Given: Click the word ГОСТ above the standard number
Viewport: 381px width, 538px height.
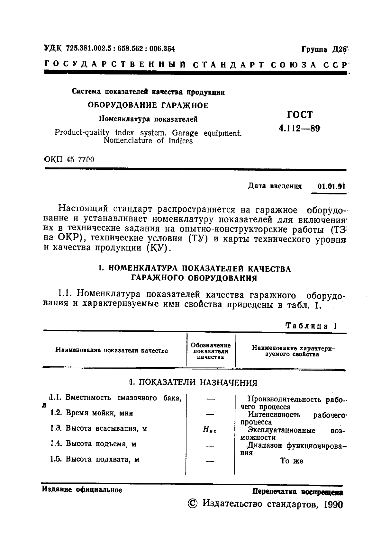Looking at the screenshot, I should (299, 115).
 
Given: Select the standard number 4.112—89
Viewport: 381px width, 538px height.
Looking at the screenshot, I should (299, 129).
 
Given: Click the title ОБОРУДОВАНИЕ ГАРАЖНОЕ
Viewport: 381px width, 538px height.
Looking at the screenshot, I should (148, 105).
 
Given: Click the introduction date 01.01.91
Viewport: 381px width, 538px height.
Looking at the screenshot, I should (331, 186).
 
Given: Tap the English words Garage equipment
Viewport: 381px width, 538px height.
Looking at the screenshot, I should (207, 133).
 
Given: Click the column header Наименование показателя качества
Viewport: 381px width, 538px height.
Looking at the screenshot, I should (112, 351).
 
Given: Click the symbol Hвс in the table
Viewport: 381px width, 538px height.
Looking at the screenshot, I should (210, 429).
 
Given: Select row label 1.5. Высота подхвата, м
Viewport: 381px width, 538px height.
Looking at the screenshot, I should (95, 459).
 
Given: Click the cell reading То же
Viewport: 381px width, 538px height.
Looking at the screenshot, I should (292, 461).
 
